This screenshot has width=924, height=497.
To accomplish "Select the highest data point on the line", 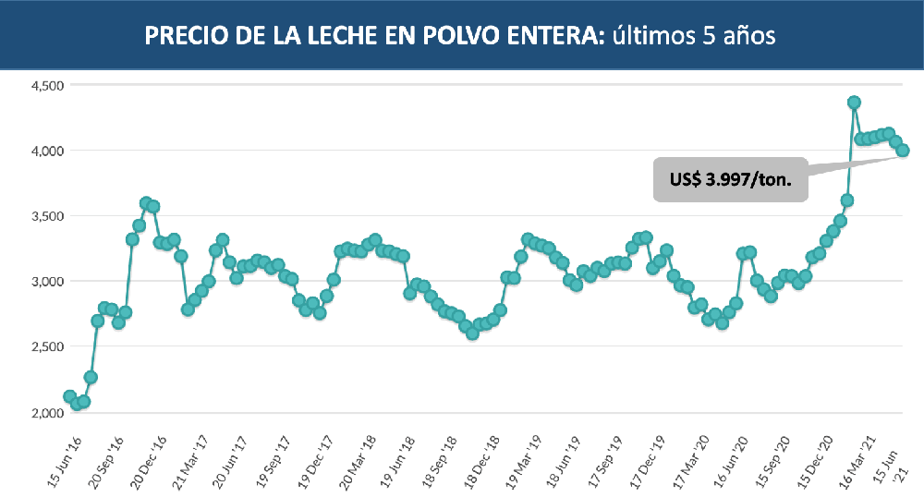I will [x=855, y=103].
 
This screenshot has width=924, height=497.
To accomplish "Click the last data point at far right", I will [x=903, y=151].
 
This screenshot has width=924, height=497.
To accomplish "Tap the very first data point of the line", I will [x=69, y=396].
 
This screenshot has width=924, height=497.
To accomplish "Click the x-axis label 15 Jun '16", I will [x=66, y=458].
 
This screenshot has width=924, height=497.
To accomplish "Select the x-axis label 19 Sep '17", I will [x=274, y=458].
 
